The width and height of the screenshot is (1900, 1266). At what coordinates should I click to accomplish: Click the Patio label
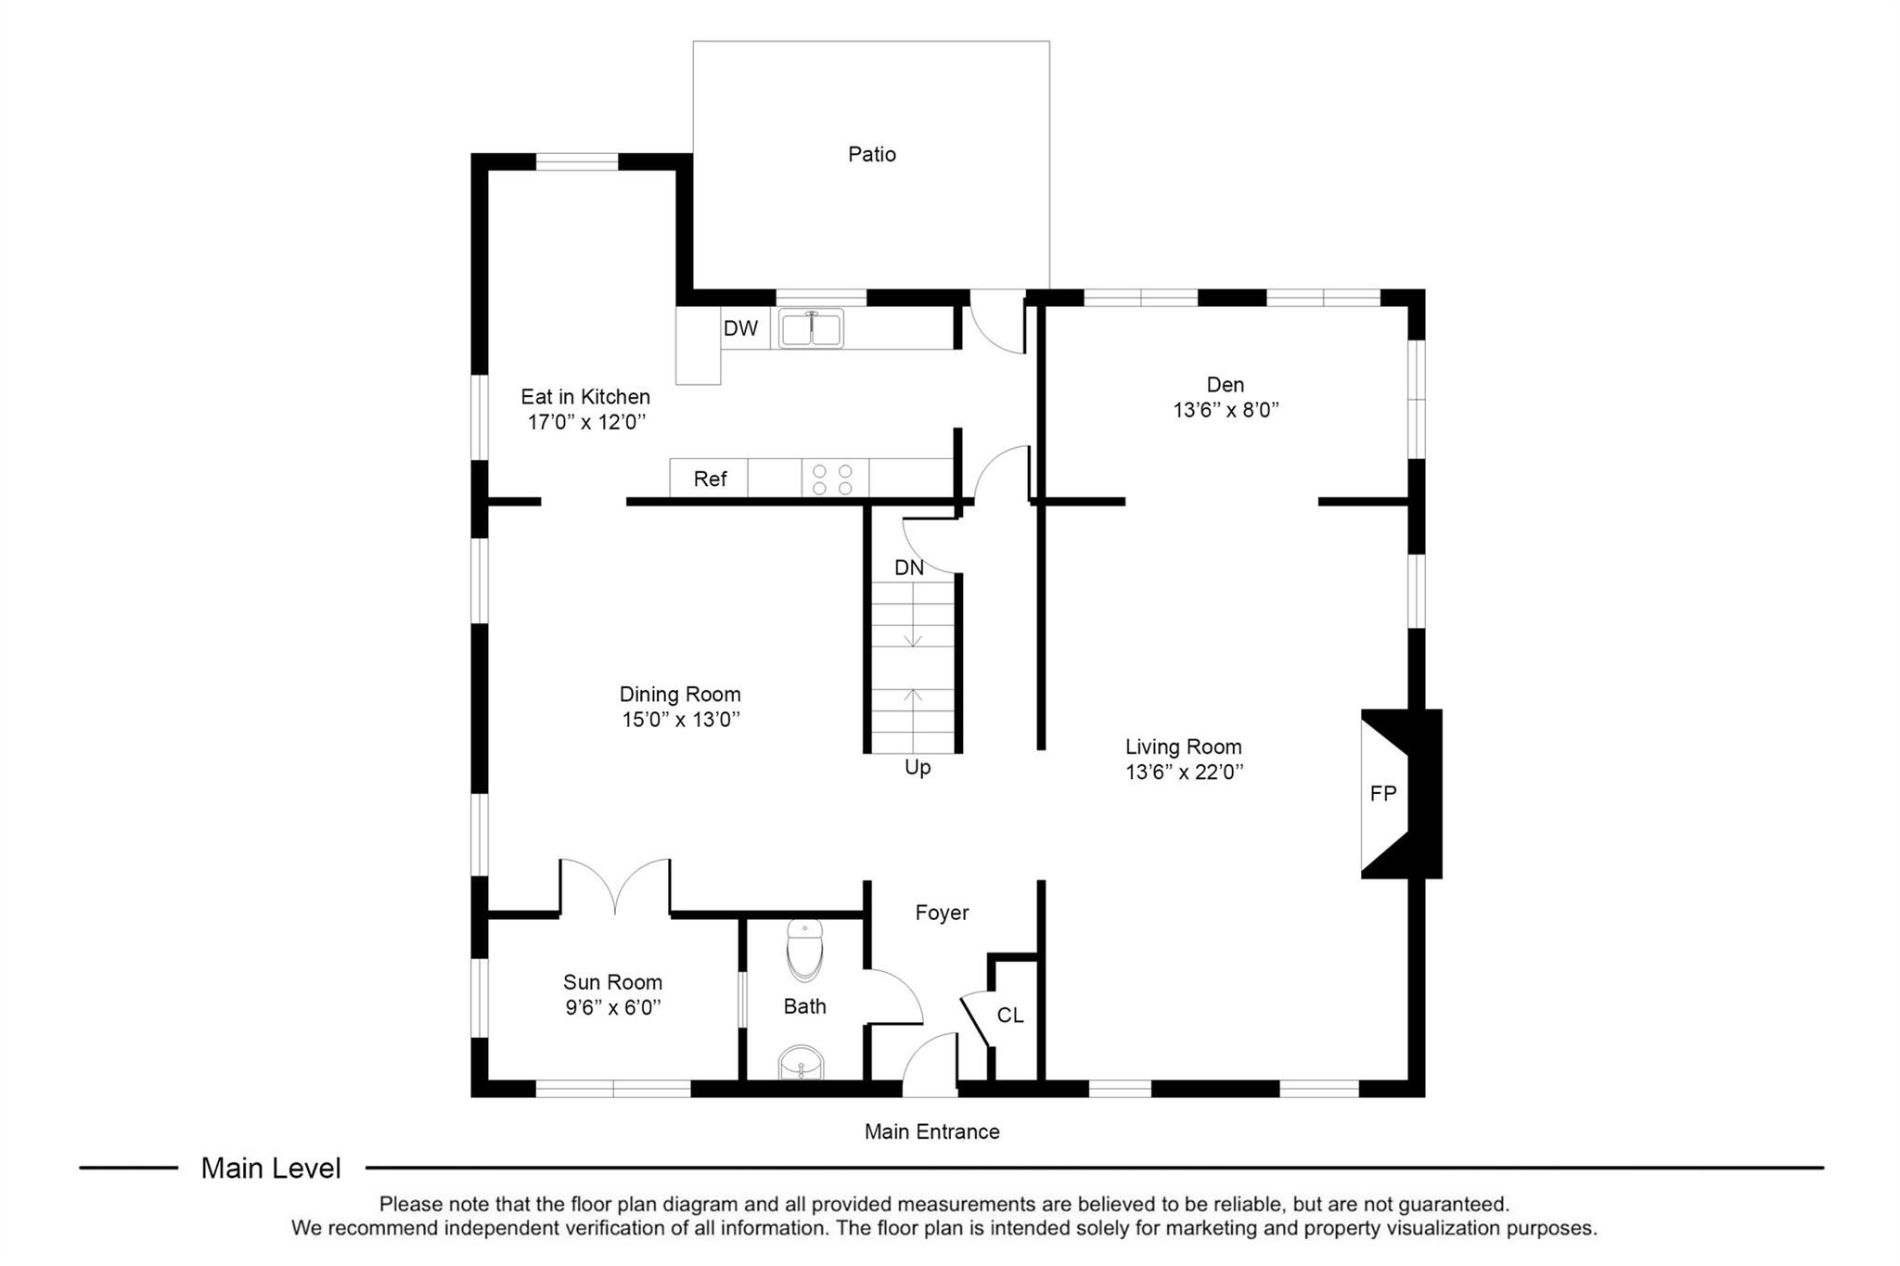(871, 154)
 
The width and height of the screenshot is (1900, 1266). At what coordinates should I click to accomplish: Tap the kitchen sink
(811, 328)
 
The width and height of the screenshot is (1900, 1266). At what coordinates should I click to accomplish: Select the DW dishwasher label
(740, 327)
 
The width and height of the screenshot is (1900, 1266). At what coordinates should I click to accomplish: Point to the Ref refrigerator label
(710, 479)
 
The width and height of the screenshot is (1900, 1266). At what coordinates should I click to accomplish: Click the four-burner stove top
(833, 479)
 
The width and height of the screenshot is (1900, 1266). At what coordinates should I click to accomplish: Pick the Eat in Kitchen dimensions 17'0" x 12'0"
(585, 422)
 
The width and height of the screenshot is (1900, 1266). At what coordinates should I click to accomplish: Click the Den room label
(1226, 384)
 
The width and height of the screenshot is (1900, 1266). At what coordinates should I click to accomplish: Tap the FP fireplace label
(1382, 793)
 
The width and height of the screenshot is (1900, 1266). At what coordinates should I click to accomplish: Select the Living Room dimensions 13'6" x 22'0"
(1184, 772)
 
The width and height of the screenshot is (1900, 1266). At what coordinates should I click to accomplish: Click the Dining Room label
(680, 694)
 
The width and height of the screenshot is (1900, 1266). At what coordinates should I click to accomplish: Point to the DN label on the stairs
(909, 568)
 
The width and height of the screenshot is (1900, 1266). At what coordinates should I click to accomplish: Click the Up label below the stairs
(918, 767)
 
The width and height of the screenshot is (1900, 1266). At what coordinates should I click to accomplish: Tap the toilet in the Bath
(804, 950)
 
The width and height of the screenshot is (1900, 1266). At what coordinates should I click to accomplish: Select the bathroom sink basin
(800, 1063)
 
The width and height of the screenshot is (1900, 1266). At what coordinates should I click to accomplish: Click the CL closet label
(1010, 1016)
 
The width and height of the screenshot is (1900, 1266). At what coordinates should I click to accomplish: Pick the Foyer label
(942, 913)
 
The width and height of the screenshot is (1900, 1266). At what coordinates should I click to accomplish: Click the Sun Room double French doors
(615, 887)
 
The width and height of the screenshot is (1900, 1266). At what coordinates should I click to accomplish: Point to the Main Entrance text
(931, 1132)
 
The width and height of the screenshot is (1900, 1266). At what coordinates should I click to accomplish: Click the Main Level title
(271, 1169)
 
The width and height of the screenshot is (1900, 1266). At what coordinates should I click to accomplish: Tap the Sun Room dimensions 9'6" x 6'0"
(612, 1007)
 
